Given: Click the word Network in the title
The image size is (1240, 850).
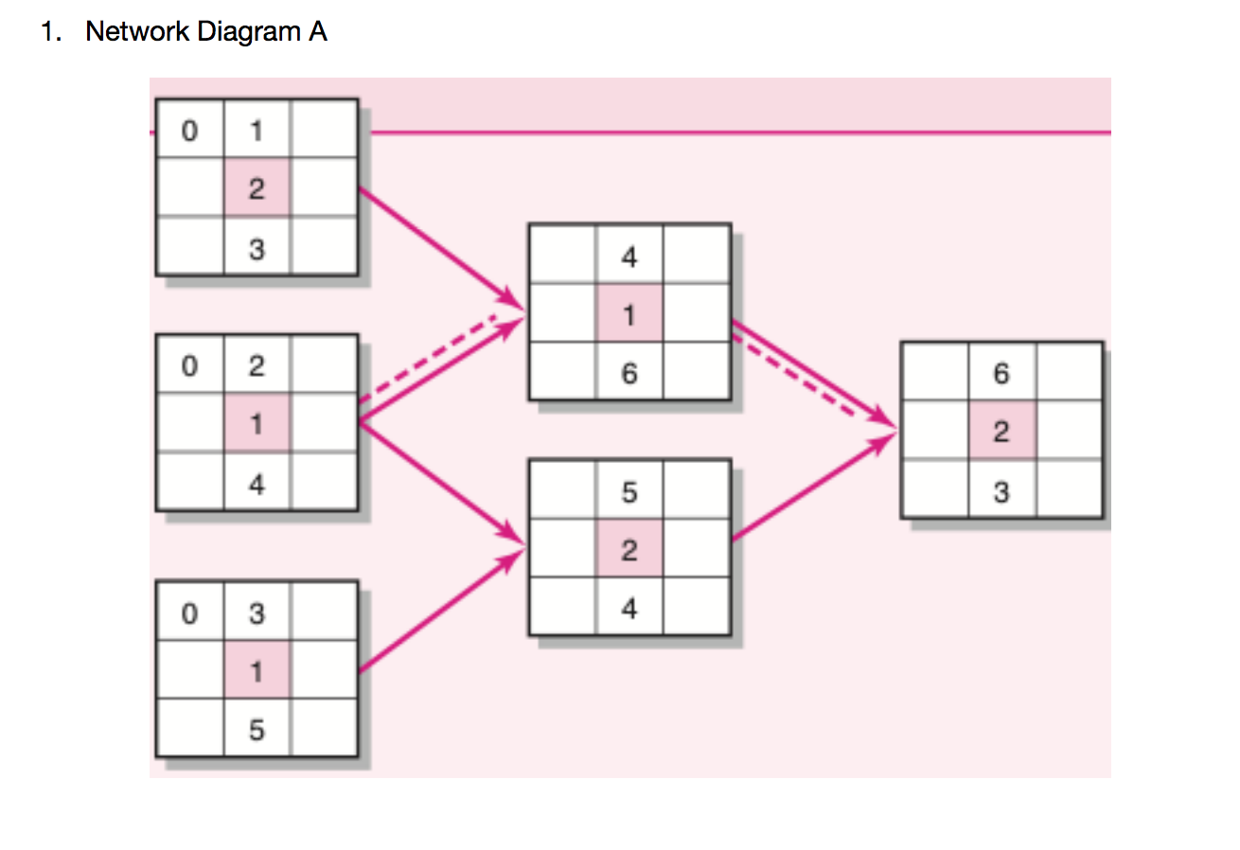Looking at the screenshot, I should (x=137, y=32).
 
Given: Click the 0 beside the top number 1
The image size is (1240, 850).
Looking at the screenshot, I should (x=189, y=131).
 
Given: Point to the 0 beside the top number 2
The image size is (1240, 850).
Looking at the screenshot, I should (x=189, y=366).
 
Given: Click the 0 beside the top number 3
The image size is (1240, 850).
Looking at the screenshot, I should (x=189, y=613).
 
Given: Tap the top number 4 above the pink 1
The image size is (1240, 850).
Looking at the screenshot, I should (x=629, y=256).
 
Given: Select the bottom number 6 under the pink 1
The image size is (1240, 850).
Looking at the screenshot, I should (x=629, y=373).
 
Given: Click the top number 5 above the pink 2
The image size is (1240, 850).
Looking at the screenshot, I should (x=629, y=491).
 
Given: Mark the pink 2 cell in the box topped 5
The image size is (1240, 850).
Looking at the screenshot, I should (x=629, y=550).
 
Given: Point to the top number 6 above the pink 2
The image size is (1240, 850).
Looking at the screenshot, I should (x=1001, y=373).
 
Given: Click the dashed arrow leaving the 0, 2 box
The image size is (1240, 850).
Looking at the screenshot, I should (x=431, y=355).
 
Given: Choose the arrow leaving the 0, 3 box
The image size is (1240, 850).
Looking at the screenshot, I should (x=440, y=612).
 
